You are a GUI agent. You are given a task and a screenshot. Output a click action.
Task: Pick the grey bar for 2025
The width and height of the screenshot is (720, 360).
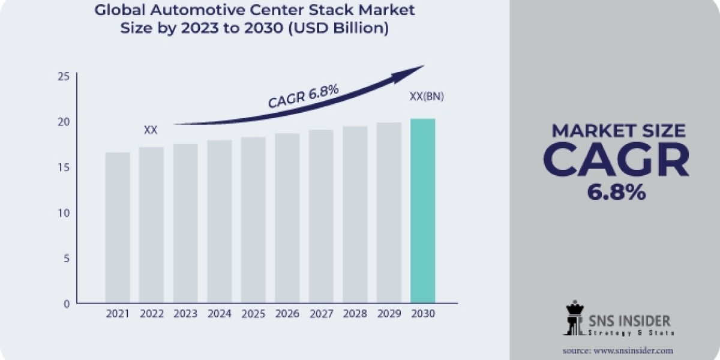[253, 219]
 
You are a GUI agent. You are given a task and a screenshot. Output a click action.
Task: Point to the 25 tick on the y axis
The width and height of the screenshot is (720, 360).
[64, 76]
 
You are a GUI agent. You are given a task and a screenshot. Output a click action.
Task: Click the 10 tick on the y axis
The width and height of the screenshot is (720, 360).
[64, 213]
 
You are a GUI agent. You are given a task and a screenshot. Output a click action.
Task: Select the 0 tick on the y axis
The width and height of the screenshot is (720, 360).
[67, 304]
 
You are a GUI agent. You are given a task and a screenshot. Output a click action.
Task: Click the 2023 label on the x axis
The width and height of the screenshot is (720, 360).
[185, 314]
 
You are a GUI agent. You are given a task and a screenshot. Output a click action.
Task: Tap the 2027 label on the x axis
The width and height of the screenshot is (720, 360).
[321, 314]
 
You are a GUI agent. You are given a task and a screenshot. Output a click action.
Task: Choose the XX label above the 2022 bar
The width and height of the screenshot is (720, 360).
[151, 130]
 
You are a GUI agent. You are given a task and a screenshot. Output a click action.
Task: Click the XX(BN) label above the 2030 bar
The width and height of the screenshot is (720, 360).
[426, 97]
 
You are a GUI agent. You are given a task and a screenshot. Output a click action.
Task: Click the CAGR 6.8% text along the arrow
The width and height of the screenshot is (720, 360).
[304, 96]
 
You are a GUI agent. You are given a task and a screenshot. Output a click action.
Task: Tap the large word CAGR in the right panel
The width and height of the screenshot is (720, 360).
[616, 160]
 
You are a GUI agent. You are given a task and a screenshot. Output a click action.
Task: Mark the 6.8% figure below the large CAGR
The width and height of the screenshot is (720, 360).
[616, 191]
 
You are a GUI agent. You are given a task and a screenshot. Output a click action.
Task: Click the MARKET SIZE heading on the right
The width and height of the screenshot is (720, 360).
[618, 130]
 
